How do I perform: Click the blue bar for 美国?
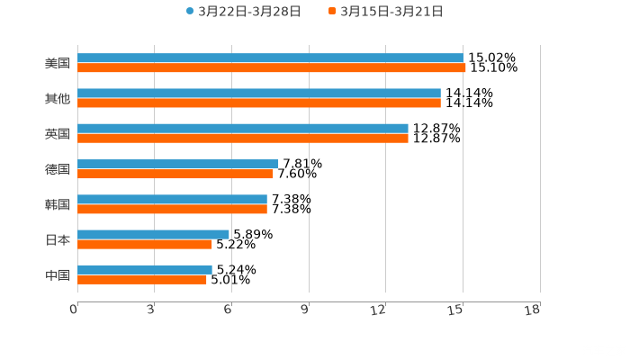point(270,58)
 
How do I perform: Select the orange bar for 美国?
point(270,68)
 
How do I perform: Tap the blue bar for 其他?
point(259,94)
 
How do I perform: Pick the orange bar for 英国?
point(243,139)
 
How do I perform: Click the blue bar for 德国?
point(178,164)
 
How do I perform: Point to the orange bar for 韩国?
point(172,210)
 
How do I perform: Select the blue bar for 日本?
point(153,235)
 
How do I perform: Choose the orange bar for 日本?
point(145,245)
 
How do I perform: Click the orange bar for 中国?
point(142,280)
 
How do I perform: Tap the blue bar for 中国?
point(145,270)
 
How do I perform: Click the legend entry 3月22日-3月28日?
point(243,12)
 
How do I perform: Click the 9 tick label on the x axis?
point(305,310)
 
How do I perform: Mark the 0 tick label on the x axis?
point(74,310)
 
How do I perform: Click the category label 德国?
point(58,169)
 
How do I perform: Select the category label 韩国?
point(58,204)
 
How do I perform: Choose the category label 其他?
point(58,98)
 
